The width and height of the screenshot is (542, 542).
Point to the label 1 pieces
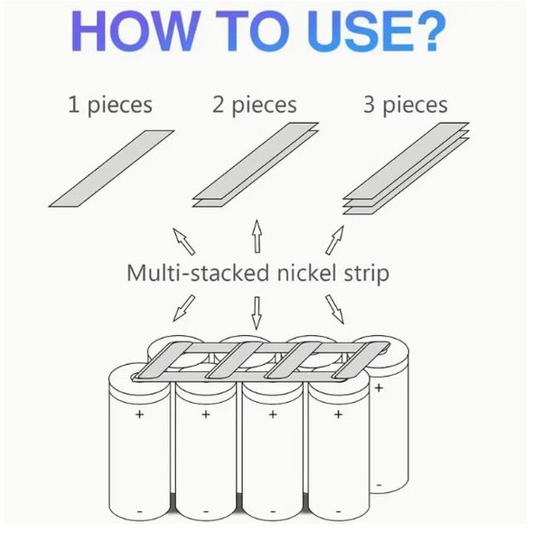point(109,105)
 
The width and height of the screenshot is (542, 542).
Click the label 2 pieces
point(255,105)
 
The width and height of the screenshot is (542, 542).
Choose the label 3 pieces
point(405,105)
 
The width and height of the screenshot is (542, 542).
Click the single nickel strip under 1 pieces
point(110,167)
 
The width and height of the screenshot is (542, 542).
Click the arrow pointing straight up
point(257,237)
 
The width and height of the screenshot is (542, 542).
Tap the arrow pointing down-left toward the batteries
point(180,306)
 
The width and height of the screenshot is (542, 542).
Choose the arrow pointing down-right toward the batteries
point(334,307)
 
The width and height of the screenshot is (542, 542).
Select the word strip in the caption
point(369,273)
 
